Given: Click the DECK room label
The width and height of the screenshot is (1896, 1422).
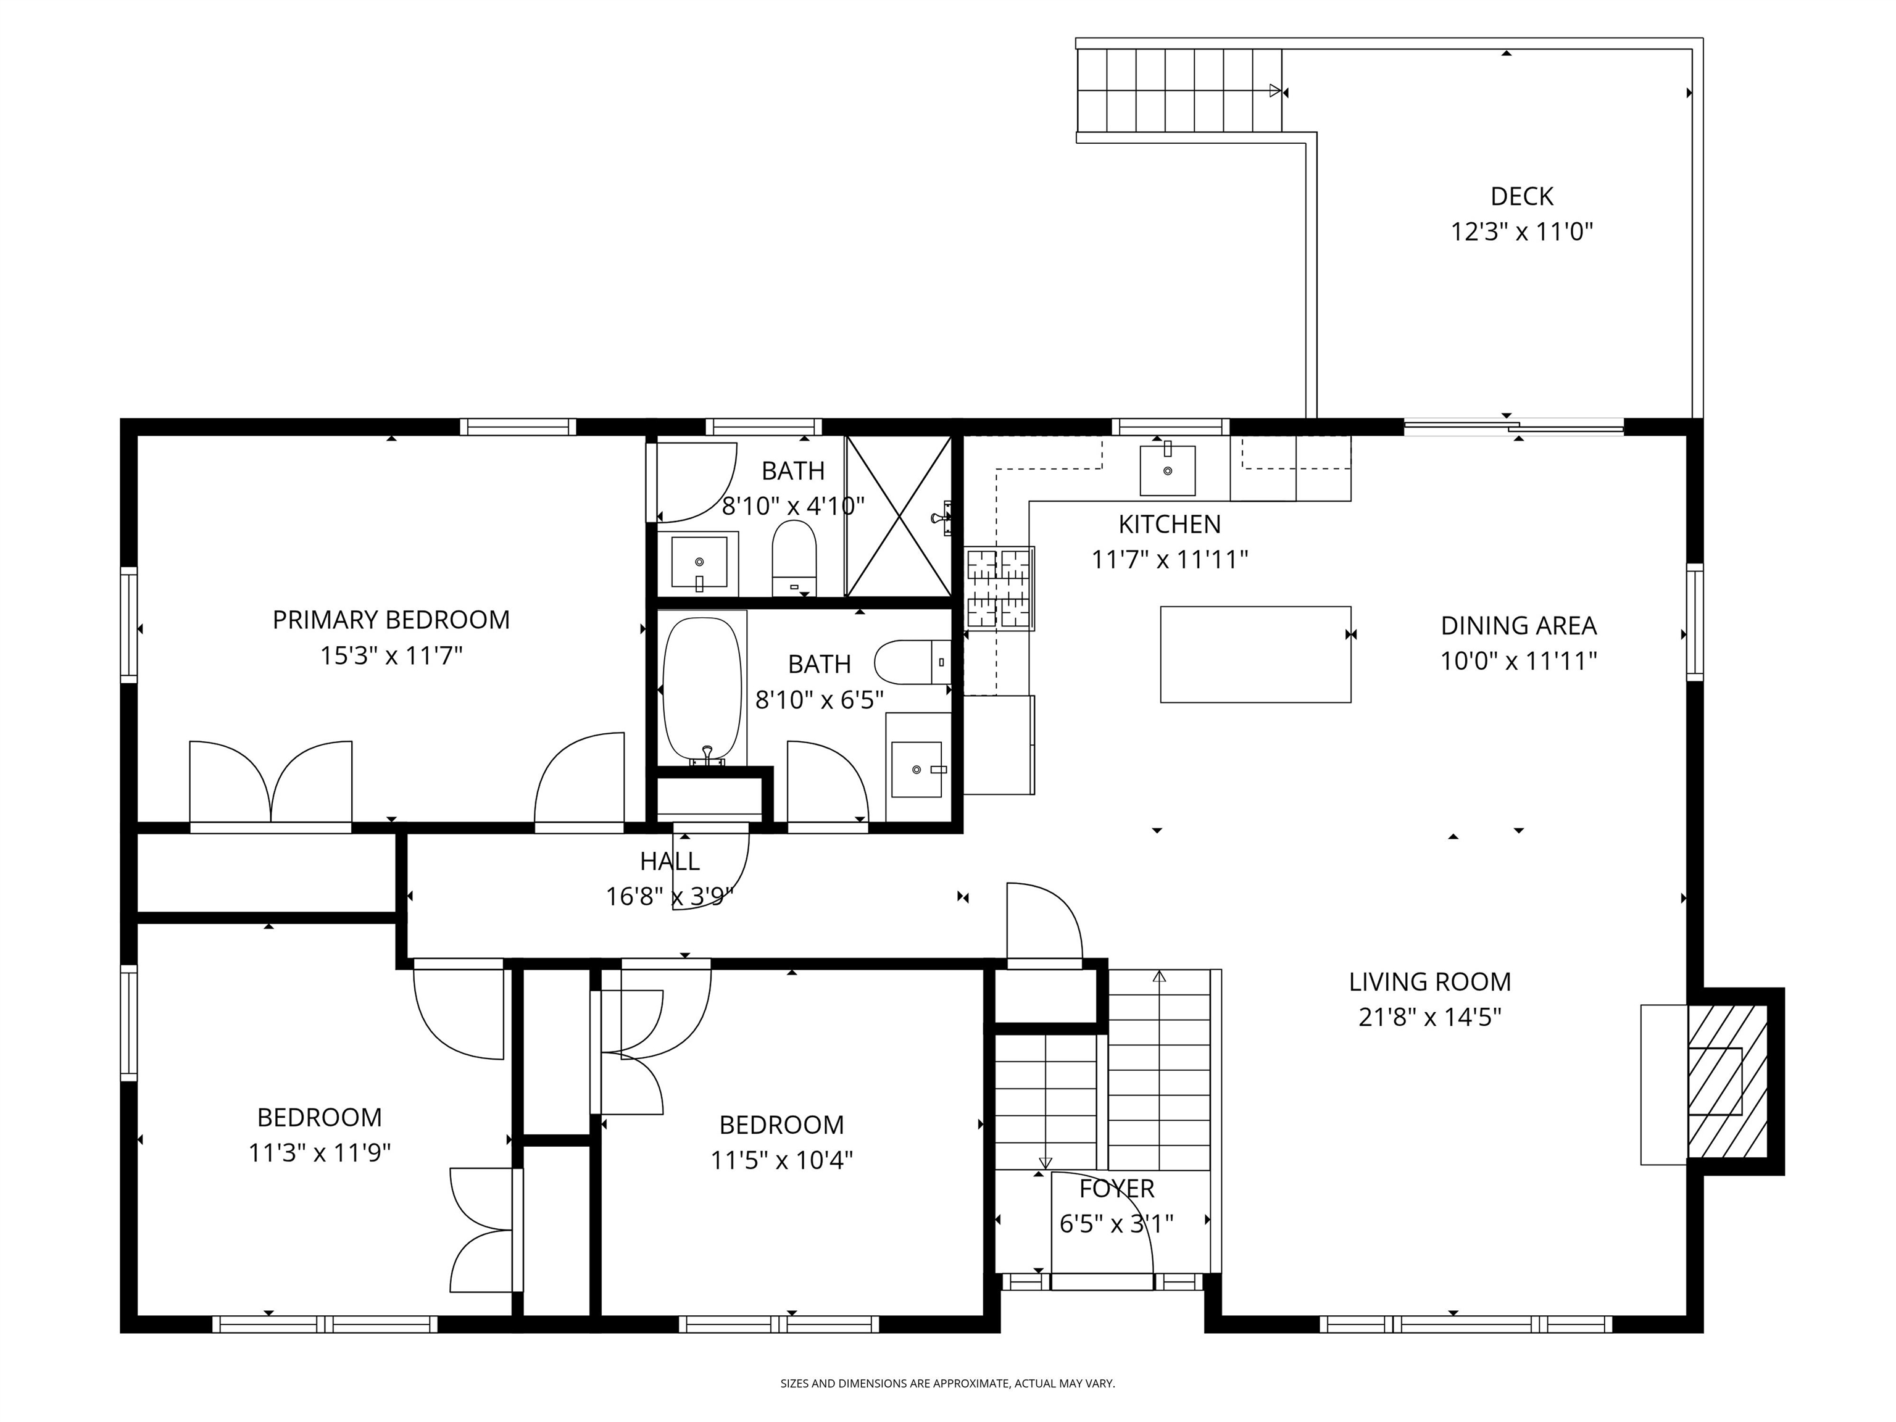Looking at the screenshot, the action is (1521, 196).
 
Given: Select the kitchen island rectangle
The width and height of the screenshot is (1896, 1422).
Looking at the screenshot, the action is (1256, 654).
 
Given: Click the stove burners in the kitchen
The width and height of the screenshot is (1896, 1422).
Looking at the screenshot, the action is (999, 588).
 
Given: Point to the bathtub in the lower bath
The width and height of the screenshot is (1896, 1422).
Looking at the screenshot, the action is (702, 690).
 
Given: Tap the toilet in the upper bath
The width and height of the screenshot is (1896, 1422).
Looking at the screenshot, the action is (794, 557).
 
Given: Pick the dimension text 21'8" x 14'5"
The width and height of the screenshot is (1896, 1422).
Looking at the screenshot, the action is (1429, 1017).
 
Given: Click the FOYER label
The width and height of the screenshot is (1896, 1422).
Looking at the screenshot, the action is (1117, 1188).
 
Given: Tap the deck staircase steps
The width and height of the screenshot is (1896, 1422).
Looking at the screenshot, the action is (1179, 90).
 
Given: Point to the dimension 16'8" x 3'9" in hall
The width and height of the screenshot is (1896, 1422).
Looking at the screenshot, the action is (670, 897).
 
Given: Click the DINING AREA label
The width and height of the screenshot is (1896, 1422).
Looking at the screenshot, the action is (1518, 626).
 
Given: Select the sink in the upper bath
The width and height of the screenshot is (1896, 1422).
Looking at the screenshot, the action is (699, 563).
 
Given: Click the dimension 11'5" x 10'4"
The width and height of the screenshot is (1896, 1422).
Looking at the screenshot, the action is (782, 1160).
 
